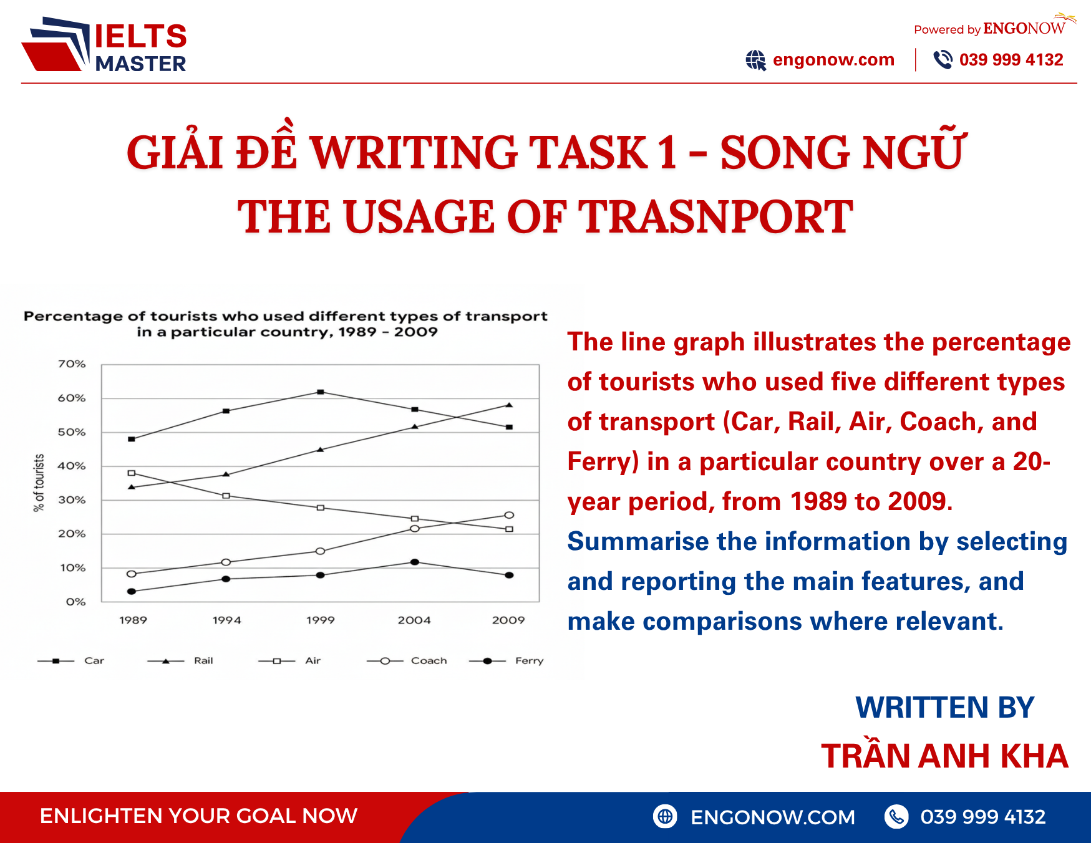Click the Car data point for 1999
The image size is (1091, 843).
[321, 392]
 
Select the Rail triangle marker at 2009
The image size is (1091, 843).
[509, 405]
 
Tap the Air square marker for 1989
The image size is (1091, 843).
[131, 473]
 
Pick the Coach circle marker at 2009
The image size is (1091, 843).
[509, 515]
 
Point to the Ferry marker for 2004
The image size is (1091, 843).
[415, 562]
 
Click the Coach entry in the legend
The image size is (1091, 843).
[429, 661]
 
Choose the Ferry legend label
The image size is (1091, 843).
[529, 661]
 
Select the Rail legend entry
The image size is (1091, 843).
[203, 661]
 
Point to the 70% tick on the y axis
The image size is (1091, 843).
[72, 364]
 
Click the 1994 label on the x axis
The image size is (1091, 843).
[226, 620]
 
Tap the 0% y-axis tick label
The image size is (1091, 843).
[75, 602]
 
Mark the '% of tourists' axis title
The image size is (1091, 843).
[39, 483]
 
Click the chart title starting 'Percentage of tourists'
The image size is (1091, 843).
[286, 324]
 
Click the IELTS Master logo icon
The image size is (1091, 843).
[56, 45]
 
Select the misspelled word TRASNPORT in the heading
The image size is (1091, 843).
[715, 217]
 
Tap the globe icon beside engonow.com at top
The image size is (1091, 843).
[755, 60]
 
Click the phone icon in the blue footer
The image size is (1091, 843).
[896, 817]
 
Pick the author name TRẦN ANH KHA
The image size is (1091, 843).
[944, 756]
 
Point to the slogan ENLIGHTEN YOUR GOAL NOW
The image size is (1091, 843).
[198, 816]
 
